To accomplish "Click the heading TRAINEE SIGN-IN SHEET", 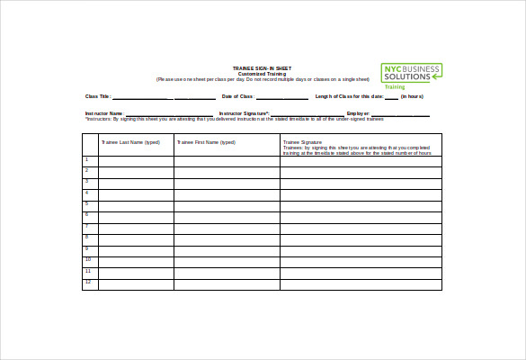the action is (x=263, y=68).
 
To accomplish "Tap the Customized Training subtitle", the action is (x=263, y=74).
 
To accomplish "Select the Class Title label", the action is (x=98, y=96).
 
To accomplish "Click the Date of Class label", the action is (x=238, y=96).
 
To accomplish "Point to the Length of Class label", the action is (x=350, y=96).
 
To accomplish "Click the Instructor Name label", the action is (x=103, y=113).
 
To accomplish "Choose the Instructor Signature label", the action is (x=244, y=113).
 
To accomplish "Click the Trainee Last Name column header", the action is (x=130, y=142).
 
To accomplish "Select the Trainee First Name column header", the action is (x=207, y=142).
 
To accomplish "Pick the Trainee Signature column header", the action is (x=303, y=142).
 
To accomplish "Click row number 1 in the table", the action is (x=87, y=160).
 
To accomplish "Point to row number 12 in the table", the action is (x=88, y=283).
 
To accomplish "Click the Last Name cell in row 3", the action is (x=136, y=184).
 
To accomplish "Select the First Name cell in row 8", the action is (x=227, y=239).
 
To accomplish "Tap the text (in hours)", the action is (x=415, y=96).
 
